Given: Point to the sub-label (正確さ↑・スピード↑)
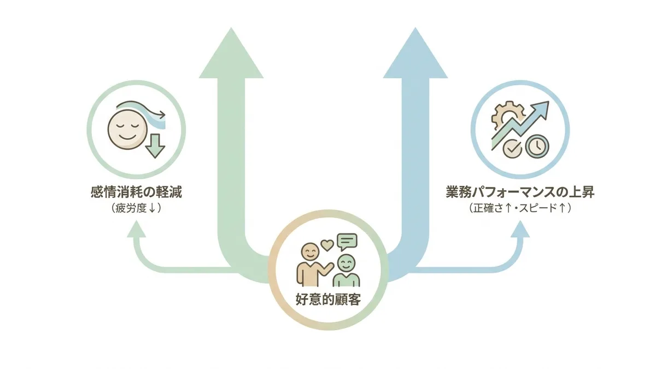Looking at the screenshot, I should click(x=520, y=209).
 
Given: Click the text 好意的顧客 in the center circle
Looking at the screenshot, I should click(x=327, y=300).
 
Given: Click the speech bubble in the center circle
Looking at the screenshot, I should click(x=347, y=241).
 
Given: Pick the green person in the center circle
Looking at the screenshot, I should click(x=346, y=272).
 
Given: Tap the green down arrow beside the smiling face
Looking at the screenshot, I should click(x=155, y=145).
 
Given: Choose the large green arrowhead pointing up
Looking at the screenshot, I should click(x=232, y=55).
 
